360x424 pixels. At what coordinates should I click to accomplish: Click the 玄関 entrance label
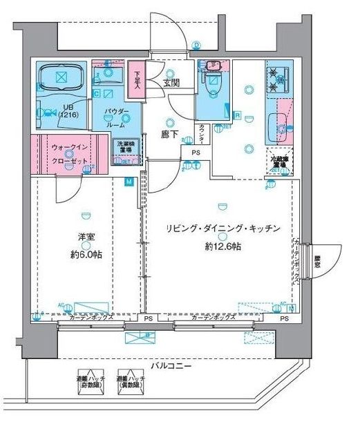click(x=172, y=84)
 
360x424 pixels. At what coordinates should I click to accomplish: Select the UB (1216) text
click(x=68, y=110)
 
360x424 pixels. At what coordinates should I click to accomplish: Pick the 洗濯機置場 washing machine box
click(x=126, y=151)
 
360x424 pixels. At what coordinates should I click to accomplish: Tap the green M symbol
click(x=129, y=182)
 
